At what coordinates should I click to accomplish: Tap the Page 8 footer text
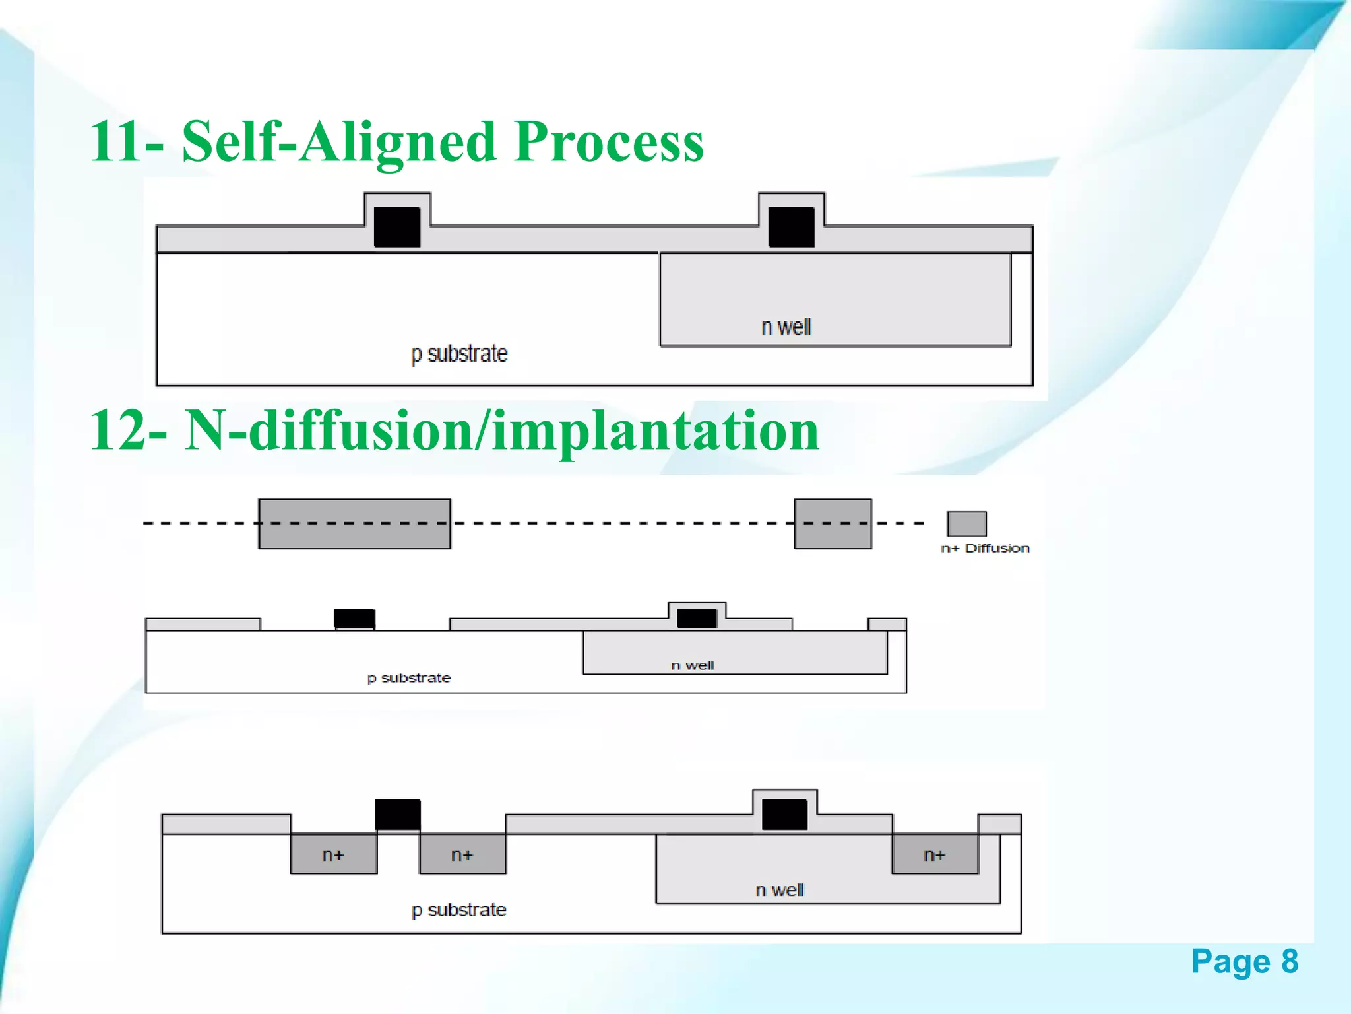pyautogui.click(x=1244, y=961)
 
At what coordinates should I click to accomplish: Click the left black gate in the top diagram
pyautogui.click(x=397, y=226)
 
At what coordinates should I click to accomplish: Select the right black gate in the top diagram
pyautogui.click(x=791, y=226)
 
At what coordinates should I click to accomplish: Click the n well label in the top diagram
pyautogui.click(x=786, y=327)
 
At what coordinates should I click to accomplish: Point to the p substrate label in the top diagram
pyautogui.click(x=459, y=354)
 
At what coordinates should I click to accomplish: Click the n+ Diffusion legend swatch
pyautogui.click(x=966, y=524)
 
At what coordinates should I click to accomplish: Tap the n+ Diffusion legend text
pyautogui.click(x=985, y=548)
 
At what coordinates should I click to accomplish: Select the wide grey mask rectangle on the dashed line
pyautogui.click(x=354, y=524)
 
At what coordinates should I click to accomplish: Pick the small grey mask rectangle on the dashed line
pyautogui.click(x=833, y=524)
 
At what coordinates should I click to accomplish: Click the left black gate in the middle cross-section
pyautogui.click(x=354, y=619)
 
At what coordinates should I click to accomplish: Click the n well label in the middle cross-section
pyautogui.click(x=692, y=665)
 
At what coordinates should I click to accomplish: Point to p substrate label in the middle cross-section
pyautogui.click(x=409, y=678)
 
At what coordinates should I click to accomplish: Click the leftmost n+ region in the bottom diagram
pyautogui.click(x=333, y=854)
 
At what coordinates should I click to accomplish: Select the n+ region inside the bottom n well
pyautogui.click(x=934, y=854)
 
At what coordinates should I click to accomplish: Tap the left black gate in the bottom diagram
pyautogui.click(x=398, y=814)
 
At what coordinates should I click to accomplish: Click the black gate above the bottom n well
pyautogui.click(x=784, y=814)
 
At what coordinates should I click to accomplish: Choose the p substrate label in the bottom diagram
pyautogui.click(x=459, y=910)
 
